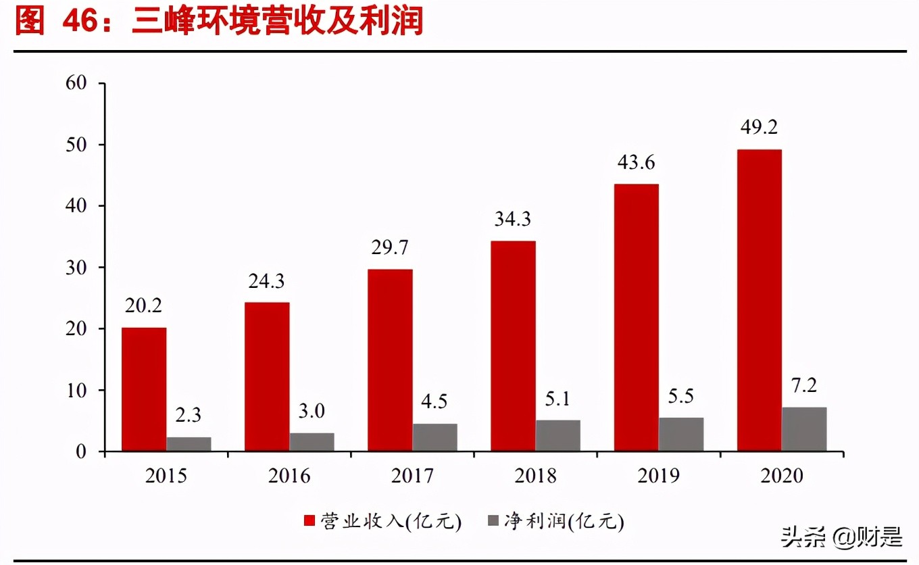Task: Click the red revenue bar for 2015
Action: click(144, 389)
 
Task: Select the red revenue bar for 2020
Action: click(760, 300)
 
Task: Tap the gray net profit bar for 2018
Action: click(558, 435)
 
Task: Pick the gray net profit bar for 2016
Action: click(312, 442)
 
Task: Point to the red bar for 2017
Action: click(390, 360)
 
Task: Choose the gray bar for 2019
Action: click(681, 434)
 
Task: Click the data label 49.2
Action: click(760, 127)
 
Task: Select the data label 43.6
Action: click(637, 162)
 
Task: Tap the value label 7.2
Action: click(804, 385)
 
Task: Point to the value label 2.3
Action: click(189, 414)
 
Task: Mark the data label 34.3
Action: click(513, 219)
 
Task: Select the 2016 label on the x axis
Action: click(289, 476)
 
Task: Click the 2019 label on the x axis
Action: click(659, 476)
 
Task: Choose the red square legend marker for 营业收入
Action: click(310, 520)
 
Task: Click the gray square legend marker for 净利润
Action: click(493, 520)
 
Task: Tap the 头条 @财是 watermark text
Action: click(841, 537)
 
